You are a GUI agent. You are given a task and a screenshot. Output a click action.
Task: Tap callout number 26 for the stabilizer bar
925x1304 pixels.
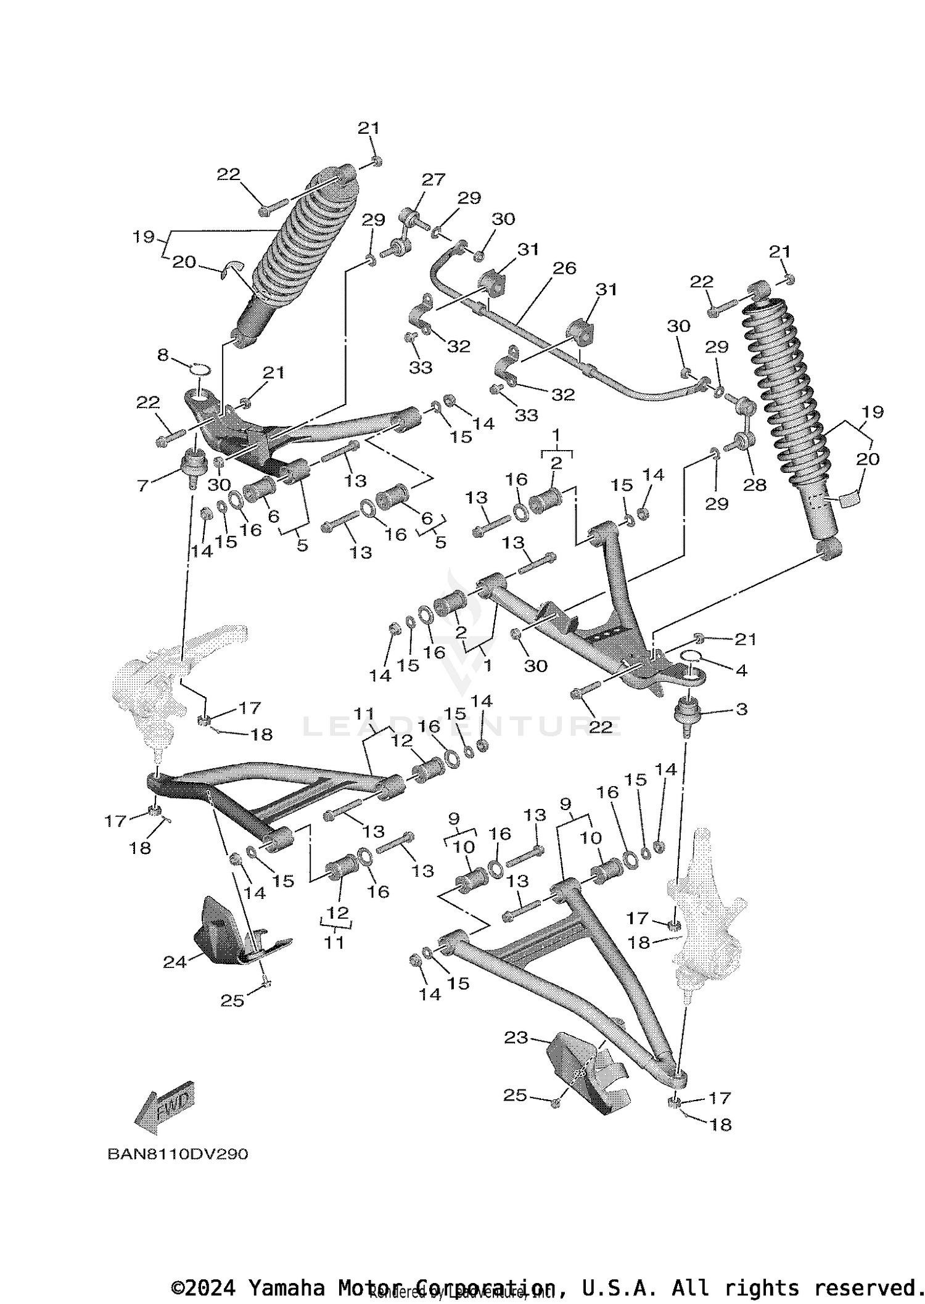[x=564, y=268]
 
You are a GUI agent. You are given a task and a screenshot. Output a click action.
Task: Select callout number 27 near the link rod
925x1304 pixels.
[x=433, y=179]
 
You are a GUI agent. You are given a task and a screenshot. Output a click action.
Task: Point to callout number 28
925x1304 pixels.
[x=754, y=485]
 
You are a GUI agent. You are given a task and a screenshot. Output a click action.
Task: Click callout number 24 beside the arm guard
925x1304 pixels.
[x=175, y=962]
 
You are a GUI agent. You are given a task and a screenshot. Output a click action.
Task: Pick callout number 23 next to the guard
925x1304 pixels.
[x=516, y=1038]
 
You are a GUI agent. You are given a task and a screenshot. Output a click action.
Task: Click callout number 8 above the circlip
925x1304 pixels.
[x=163, y=355]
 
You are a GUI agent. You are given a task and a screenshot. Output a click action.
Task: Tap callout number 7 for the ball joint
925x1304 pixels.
[x=142, y=486]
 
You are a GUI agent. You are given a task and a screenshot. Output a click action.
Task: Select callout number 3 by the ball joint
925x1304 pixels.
[x=741, y=709]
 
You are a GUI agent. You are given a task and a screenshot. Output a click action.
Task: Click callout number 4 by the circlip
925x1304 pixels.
[x=741, y=670]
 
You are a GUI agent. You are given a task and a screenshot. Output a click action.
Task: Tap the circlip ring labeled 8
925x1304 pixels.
[x=199, y=370]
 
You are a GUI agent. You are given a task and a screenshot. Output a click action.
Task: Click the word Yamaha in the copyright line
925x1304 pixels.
[x=286, y=1287]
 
